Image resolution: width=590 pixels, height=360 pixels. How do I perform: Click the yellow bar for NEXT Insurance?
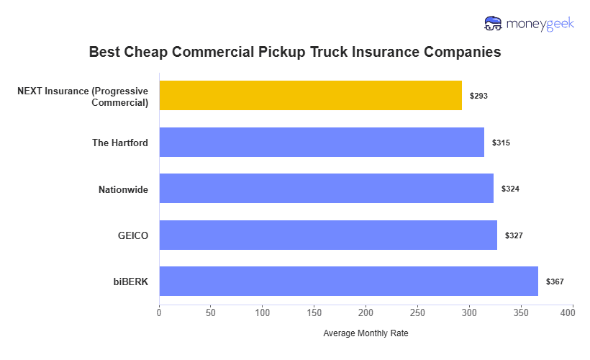click(310, 95)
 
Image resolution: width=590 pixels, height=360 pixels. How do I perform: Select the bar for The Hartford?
click(322, 143)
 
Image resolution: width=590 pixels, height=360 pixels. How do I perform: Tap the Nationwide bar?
click(326, 189)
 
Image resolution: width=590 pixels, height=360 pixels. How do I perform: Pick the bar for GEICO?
click(328, 235)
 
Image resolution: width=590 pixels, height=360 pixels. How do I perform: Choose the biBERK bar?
click(348, 282)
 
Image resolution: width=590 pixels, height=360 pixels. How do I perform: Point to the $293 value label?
click(478, 96)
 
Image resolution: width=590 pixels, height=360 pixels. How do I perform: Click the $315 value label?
click(501, 143)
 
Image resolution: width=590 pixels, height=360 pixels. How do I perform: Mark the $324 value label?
click(510, 189)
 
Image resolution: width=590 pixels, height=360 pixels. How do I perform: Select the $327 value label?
click(514, 235)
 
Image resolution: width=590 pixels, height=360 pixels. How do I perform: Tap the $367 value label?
click(555, 282)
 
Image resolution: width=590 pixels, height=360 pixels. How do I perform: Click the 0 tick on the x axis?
click(159, 312)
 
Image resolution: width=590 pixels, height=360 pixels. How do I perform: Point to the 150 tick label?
click(314, 312)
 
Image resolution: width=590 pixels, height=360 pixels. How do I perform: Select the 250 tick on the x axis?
click(418, 312)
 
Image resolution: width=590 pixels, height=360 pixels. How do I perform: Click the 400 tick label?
click(573, 312)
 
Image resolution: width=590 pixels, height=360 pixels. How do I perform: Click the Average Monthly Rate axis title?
click(366, 333)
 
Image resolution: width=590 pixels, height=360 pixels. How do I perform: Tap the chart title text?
click(295, 53)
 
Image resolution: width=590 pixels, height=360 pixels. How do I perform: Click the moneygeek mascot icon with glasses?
click(494, 24)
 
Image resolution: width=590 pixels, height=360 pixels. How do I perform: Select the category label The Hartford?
click(120, 143)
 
